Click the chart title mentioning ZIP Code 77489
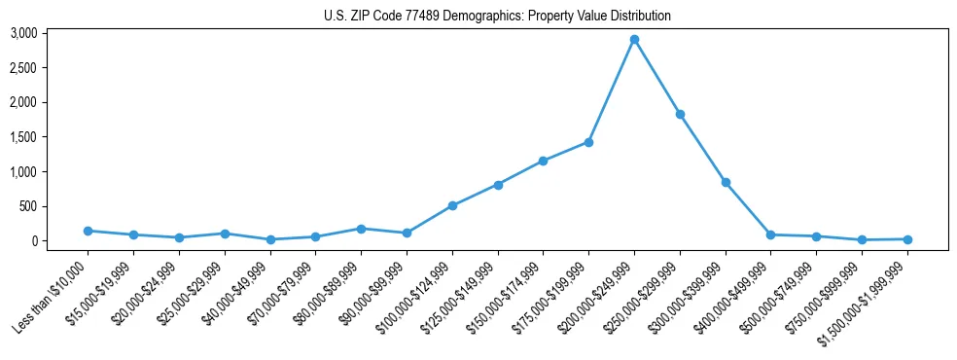(497, 17)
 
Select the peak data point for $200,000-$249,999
(634, 40)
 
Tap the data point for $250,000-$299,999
(680, 115)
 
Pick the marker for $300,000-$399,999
(726, 182)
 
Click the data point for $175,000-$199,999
(588, 142)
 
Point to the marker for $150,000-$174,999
(543, 161)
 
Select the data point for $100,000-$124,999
(452, 205)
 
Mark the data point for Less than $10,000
(88, 231)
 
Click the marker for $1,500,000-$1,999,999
(907, 239)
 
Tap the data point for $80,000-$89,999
(361, 229)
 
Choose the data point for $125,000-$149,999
(498, 185)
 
